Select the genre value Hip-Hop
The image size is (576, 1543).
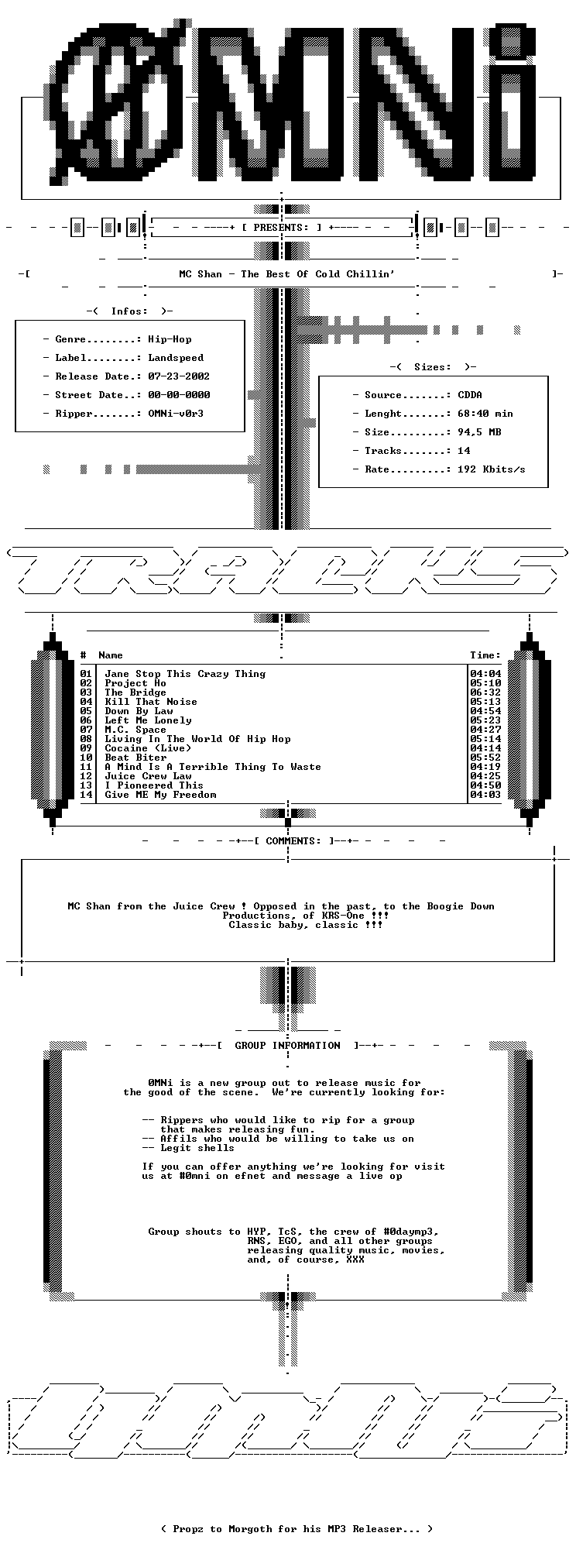[170, 339]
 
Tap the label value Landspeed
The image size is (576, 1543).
[176, 358]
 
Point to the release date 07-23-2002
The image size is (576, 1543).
[179, 376]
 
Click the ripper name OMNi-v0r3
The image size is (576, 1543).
[176, 414]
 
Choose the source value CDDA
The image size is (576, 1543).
[470, 395]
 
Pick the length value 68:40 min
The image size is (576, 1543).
[485, 414]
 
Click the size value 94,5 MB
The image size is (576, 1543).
[479, 432]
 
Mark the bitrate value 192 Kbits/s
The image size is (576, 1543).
[492, 469]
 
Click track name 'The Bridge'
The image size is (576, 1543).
[135, 692]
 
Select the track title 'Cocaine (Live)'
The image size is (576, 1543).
[148, 748]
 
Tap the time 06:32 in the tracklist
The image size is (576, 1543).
[485, 692]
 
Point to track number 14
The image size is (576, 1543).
[86, 795]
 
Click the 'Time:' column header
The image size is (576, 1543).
[485, 655]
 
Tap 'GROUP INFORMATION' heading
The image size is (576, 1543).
[287, 1046]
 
